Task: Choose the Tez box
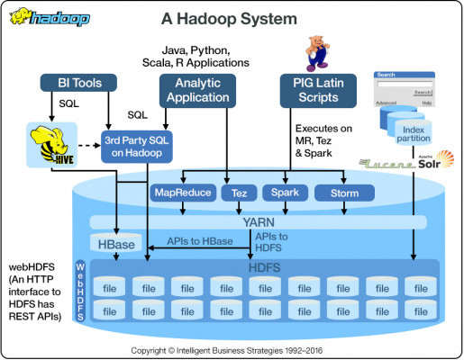pos(239,193)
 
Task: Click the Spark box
pos(286,193)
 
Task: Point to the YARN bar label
pos(256,220)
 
